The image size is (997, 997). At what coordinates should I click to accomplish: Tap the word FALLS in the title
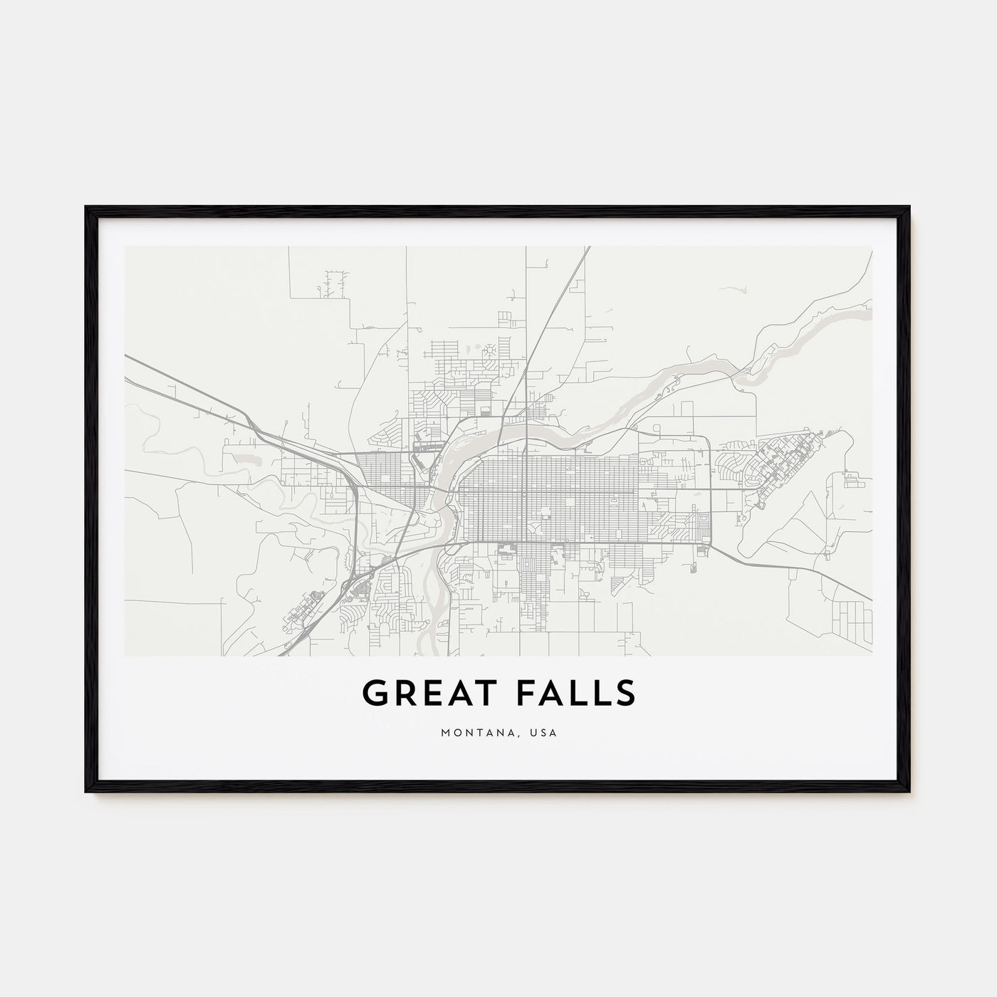pyautogui.click(x=575, y=694)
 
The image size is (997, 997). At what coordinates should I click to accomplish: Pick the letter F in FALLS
pyautogui.click(x=524, y=694)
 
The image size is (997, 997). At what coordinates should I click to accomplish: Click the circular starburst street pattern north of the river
pyautogui.click(x=491, y=352)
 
